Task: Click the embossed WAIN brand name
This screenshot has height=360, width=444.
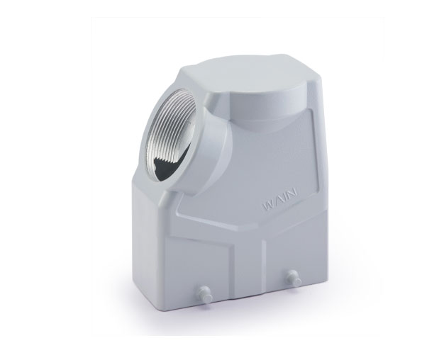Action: [280, 198]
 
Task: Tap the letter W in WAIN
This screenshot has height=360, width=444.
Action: [268, 205]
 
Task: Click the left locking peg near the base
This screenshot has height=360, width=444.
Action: [204, 292]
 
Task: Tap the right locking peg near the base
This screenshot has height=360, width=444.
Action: [293, 276]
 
